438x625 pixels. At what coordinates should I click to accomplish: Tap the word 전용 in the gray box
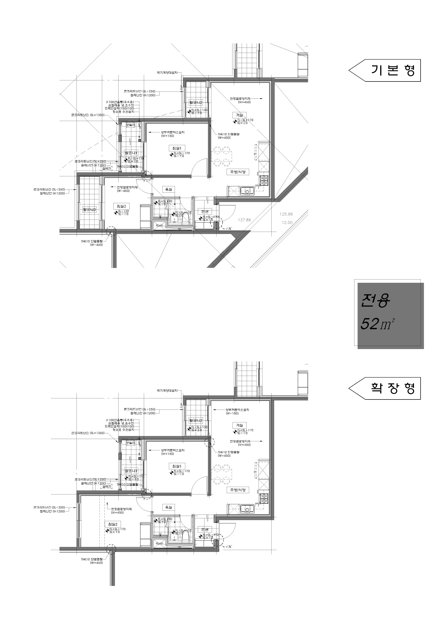tap(375, 301)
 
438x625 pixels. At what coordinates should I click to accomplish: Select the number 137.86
tap(244, 220)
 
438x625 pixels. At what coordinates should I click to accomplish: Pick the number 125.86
tap(286, 214)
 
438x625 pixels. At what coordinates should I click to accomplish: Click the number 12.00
tap(287, 222)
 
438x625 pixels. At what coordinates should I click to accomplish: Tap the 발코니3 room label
tap(89, 210)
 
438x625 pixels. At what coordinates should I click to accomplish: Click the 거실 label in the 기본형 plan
tap(239, 115)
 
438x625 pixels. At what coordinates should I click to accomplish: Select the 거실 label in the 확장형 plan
tap(239, 425)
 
